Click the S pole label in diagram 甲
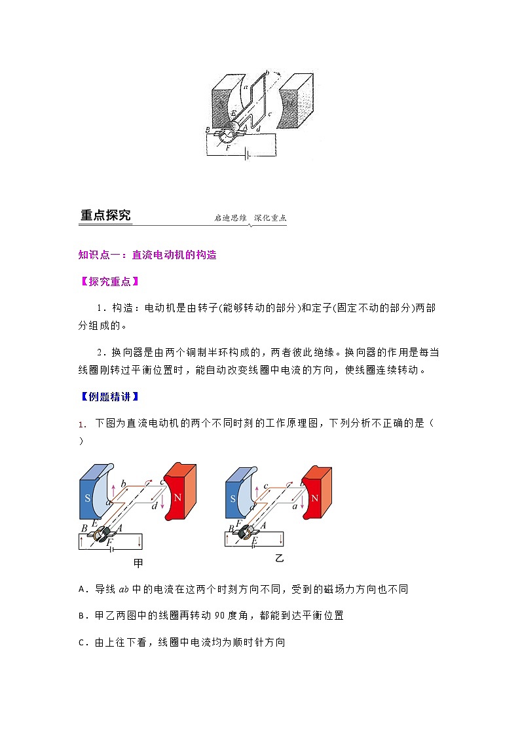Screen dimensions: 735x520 click(88, 497)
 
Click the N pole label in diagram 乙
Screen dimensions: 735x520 click(315, 497)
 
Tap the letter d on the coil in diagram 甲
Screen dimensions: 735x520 click(153, 506)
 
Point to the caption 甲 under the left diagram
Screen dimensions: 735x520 click(138, 563)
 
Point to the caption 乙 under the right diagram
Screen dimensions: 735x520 click(280, 558)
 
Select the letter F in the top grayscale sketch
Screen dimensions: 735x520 click(229, 149)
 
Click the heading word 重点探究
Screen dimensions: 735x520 click(105, 215)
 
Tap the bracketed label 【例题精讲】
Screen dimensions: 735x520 click(108, 396)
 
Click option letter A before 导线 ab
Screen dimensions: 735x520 click(82, 589)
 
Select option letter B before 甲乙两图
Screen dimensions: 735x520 click(82, 615)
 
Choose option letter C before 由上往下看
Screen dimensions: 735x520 click(82, 642)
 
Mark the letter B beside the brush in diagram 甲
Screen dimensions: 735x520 click(84, 528)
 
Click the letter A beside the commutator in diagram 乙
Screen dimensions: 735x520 click(263, 525)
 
